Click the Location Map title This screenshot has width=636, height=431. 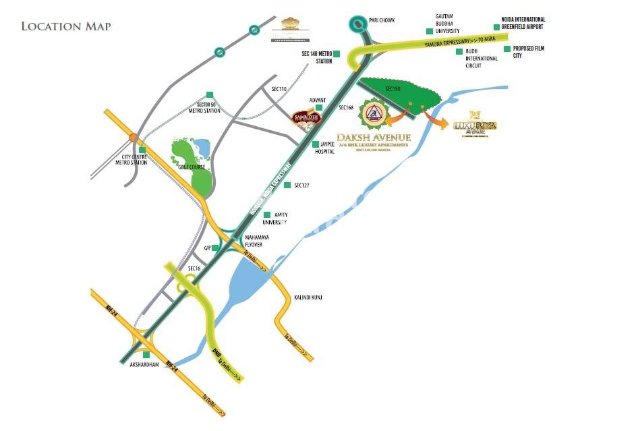pyautogui.click(x=66, y=26)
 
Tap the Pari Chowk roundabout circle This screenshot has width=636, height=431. pyautogui.click(x=357, y=26)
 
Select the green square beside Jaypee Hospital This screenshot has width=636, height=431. pyautogui.click(x=315, y=144)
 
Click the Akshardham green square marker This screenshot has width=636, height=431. pyautogui.click(x=146, y=355)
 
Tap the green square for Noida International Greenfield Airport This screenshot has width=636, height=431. pyautogui.click(x=497, y=28)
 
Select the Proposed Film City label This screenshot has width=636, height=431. pyautogui.click(x=527, y=52)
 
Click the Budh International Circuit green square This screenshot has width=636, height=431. pyautogui.click(x=459, y=51)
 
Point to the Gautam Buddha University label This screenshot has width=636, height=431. pyautogui.click(x=448, y=23)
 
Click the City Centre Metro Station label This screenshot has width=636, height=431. pyautogui.click(x=130, y=159)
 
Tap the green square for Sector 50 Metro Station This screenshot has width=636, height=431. pyautogui.click(x=209, y=94)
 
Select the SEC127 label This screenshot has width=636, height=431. pyautogui.click(x=301, y=185)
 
